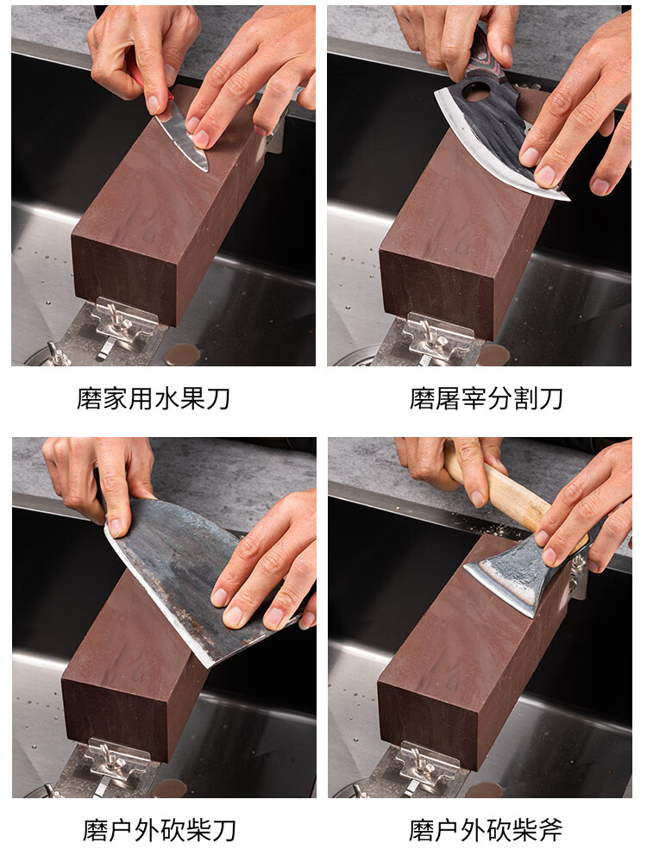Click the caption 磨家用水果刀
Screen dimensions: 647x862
153,398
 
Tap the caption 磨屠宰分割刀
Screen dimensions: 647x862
487,398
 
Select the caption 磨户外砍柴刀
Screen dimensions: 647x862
160,830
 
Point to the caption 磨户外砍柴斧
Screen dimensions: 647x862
486,830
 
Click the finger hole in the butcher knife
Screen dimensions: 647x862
476,92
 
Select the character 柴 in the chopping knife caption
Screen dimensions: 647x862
198,830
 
